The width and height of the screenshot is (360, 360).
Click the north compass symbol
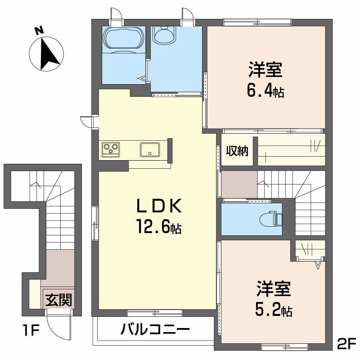click(x=46, y=54)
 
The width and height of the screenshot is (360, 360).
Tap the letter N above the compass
click(x=40, y=31)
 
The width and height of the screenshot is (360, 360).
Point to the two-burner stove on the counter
click(x=110, y=148)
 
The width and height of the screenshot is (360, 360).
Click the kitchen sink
click(x=149, y=148)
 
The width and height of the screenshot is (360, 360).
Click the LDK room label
click(x=159, y=207)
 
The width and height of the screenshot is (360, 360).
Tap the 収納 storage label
click(x=237, y=151)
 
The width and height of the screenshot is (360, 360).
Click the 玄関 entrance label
click(x=58, y=299)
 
